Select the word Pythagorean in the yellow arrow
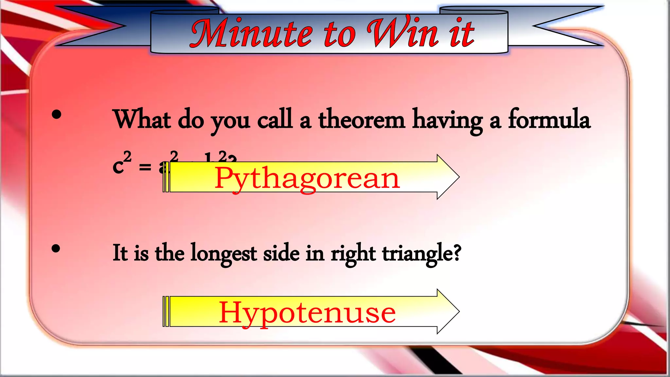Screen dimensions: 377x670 307,178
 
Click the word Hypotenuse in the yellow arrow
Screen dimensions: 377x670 307,313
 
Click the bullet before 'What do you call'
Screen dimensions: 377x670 57,115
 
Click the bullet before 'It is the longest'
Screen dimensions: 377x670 56,249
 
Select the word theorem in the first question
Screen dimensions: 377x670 361,120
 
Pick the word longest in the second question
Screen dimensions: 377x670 223,254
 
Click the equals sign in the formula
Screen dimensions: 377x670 145,168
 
